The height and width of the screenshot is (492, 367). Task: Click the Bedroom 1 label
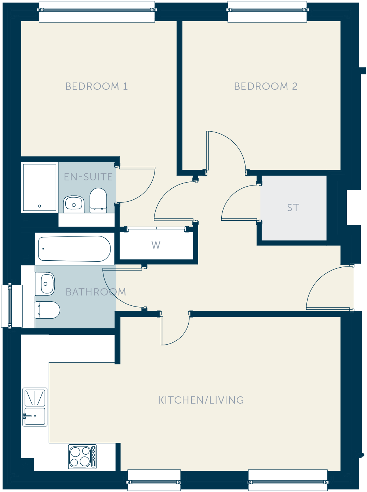pos(97,86)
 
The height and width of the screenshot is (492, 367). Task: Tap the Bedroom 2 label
pos(266,86)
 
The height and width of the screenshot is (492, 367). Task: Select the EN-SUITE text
pos(88,177)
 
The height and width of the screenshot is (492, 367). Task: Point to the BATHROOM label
pos(96,292)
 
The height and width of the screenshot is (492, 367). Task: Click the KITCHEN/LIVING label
pos(201,400)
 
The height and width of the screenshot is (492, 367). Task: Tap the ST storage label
pos(293,208)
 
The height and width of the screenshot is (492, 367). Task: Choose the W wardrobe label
pos(156,245)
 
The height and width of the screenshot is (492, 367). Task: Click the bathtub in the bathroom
pos(75,249)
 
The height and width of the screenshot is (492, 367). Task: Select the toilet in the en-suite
pos(98,201)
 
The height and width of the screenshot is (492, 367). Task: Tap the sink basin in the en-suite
pos(73,204)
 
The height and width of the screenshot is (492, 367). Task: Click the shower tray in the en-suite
pos(40,187)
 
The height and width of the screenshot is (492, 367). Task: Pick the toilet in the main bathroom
pos(48,310)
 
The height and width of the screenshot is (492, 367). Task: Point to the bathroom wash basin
pos(45,284)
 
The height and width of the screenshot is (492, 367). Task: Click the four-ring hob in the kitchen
pos(82,456)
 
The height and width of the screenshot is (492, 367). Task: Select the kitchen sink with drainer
pos(35,407)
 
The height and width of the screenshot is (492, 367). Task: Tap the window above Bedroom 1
pos(97,11)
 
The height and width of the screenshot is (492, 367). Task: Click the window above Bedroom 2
pos(267,11)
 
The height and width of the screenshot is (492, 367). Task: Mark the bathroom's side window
pos(11,306)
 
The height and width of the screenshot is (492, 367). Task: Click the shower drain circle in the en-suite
pos(40,206)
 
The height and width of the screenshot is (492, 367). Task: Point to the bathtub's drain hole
pos(43,249)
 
